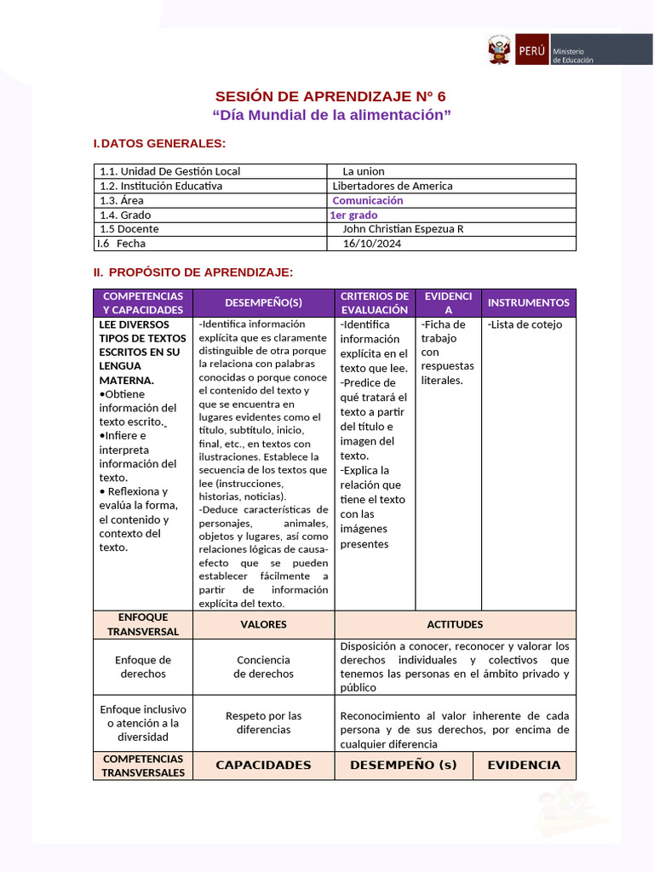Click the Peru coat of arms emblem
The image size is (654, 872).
click(x=499, y=49)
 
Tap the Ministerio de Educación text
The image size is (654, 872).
click(x=573, y=54)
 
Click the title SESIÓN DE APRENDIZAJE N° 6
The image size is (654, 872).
click(x=330, y=95)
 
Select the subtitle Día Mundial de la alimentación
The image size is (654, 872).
click(x=330, y=114)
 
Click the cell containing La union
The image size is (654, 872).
click(x=364, y=171)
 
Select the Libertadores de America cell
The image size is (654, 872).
click(x=393, y=186)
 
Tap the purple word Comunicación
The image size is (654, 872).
click(x=368, y=200)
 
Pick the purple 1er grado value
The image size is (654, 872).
click(x=353, y=215)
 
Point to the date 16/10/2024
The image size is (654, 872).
click(x=371, y=244)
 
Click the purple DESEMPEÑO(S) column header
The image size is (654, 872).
click(x=263, y=302)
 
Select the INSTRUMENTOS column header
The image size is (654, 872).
click(x=528, y=302)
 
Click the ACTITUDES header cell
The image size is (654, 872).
click(x=455, y=624)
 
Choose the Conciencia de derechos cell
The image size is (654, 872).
click(x=263, y=667)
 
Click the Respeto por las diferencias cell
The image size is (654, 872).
click(x=263, y=722)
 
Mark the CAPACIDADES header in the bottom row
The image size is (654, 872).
click(x=263, y=765)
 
